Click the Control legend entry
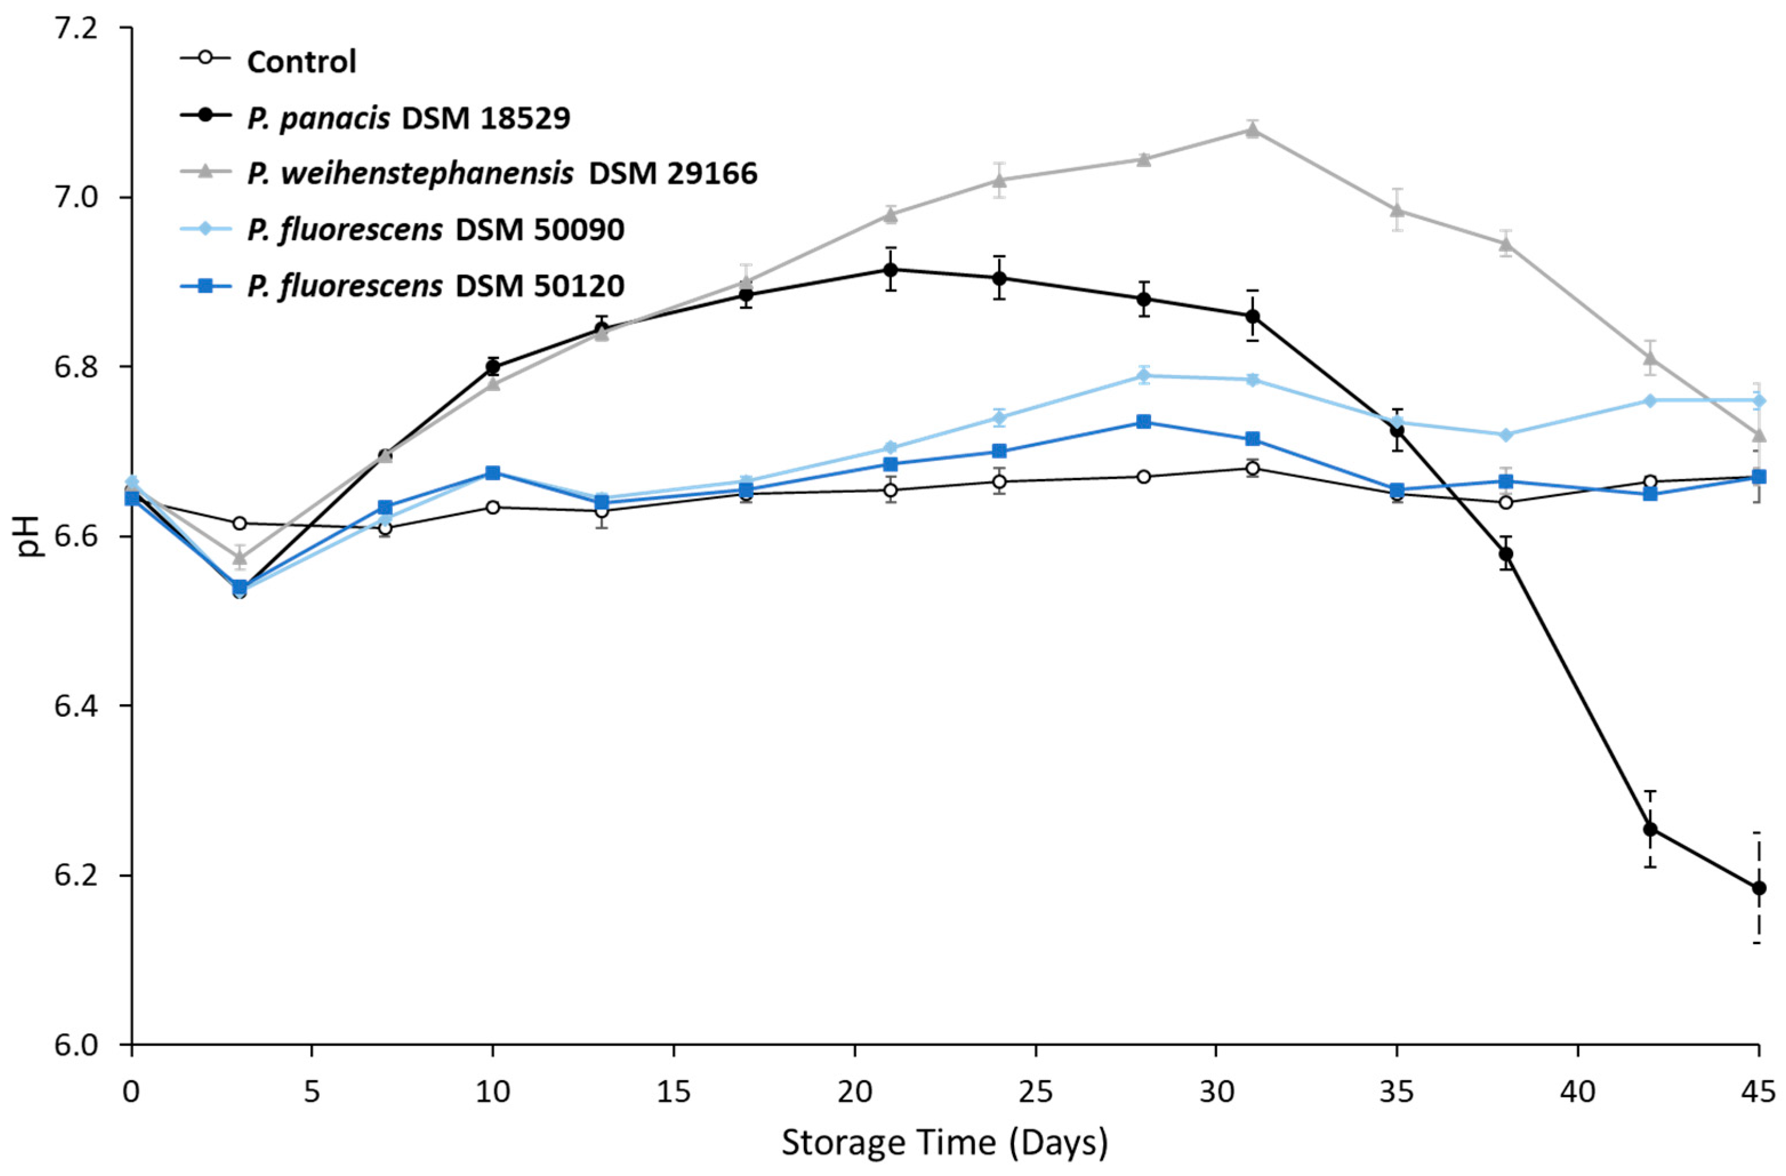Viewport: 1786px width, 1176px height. [301, 62]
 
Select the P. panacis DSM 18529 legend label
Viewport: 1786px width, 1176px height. [408, 118]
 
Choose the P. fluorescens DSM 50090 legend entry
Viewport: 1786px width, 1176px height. [435, 230]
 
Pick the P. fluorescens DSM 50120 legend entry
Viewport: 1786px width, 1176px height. [435, 286]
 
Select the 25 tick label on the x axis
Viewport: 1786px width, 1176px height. [1036, 1092]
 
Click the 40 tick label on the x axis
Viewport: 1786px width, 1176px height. [1578, 1092]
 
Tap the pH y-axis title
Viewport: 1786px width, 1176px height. [31, 536]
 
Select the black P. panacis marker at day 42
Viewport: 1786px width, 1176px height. [1650, 829]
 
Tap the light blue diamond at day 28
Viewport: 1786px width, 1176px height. [1144, 375]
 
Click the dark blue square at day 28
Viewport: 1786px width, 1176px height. [1144, 422]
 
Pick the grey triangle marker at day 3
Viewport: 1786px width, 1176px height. [239, 557]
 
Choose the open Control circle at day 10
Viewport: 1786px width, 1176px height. [493, 507]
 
